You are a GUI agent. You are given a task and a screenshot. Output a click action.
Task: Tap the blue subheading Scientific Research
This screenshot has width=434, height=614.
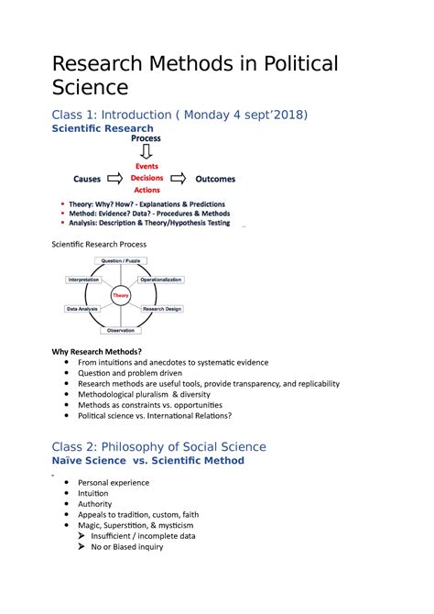click(x=102, y=129)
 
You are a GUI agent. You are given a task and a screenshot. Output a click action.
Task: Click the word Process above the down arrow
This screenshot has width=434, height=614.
click(x=146, y=139)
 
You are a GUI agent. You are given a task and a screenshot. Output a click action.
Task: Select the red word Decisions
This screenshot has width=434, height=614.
click(x=146, y=178)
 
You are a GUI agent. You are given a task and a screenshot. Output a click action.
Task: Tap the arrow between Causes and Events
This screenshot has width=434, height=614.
click(x=115, y=179)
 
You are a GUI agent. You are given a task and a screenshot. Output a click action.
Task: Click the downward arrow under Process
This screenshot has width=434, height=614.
click(x=146, y=152)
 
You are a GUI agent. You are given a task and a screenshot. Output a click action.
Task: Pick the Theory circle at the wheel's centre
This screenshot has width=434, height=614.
click(x=121, y=295)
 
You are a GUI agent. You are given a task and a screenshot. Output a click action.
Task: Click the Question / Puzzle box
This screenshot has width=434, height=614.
click(x=121, y=261)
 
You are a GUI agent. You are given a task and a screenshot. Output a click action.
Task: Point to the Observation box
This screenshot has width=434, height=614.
click(x=121, y=329)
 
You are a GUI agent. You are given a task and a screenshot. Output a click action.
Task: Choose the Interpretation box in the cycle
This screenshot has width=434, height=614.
click(x=83, y=279)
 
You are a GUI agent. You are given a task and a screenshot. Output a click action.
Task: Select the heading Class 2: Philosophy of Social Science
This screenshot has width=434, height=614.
click(x=158, y=446)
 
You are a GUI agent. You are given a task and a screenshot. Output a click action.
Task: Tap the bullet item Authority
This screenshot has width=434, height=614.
click(x=95, y=504)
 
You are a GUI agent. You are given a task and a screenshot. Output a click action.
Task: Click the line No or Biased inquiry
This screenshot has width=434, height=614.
click(x=126, y=547)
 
